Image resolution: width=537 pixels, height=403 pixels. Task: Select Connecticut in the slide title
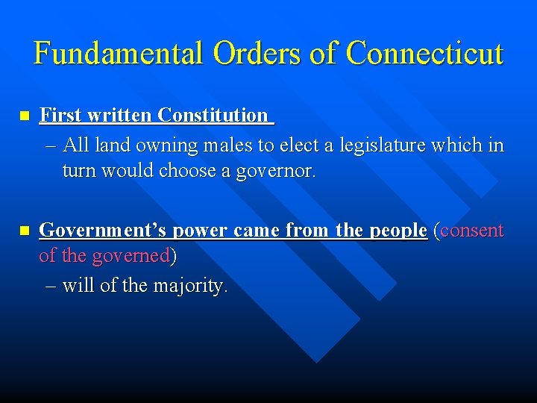coord(425,53)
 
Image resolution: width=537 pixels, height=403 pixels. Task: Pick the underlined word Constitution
coord(213,115)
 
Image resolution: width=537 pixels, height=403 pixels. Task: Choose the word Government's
coord(104,231)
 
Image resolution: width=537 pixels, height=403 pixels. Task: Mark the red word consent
coord(473,231)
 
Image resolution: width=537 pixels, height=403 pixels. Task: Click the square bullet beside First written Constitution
coord(24,116)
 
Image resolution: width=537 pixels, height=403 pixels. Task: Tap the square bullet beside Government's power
coord(24,231)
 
